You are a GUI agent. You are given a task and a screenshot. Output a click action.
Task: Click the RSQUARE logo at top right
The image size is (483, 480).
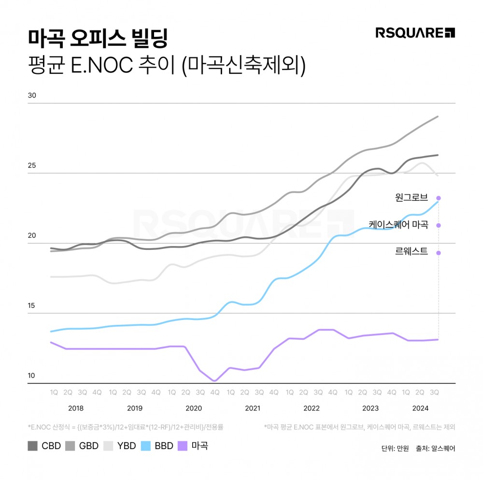(x=415, y=33)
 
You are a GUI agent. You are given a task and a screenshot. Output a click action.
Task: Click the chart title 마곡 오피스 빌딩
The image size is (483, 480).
(x=98, y=38)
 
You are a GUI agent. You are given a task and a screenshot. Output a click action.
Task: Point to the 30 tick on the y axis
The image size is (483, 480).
(x=32, y=95)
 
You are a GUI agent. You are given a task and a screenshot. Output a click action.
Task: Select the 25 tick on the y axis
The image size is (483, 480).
(x=32, y=165)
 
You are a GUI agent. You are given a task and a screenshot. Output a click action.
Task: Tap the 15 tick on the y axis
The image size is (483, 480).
(x=32, y=305)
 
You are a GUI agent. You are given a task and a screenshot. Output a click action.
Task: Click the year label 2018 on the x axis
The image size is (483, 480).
(x=75, y=408)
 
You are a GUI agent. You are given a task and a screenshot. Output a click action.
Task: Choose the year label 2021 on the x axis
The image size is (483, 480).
(x=252, y=408)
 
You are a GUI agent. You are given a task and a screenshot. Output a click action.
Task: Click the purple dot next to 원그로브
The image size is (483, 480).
(x=439, y=198)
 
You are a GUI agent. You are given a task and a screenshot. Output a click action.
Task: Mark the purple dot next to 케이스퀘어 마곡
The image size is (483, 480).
(x=439, y=225)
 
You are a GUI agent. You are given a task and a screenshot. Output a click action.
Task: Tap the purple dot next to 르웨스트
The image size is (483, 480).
(x=439, y=253)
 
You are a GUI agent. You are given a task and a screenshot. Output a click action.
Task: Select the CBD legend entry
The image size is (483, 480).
(x=44, y=446)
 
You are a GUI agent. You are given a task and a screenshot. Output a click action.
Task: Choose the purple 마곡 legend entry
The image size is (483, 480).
(x=193, y=446)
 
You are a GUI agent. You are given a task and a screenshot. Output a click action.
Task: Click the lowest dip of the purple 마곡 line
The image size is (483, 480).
(x=214, y=381)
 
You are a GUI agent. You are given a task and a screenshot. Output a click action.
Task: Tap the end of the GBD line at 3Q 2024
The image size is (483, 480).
(x=438, y=116)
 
